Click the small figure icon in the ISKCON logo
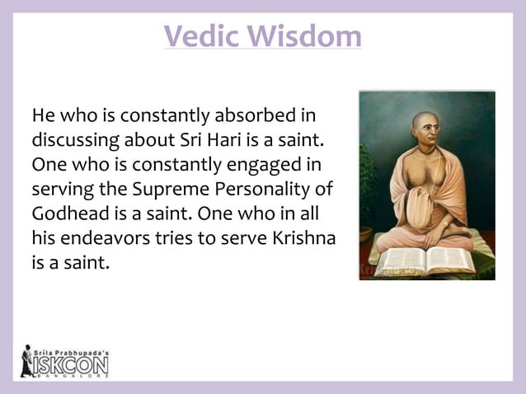click(x=27, y=360)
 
